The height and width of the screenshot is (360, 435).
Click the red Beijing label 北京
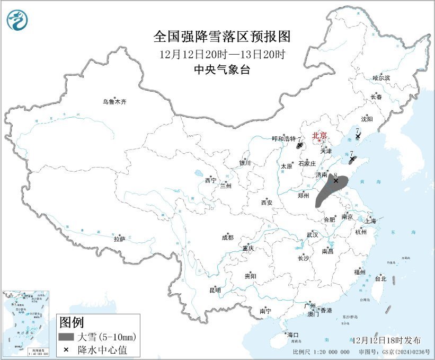click(319, 135)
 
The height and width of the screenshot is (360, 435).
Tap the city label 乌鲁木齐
click(115, 101)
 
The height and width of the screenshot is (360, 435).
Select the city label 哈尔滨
click(380, 77)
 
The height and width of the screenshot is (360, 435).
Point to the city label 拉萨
click(119, 239)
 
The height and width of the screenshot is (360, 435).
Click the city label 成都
click(228, 238)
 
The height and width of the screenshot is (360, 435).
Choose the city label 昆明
click(215, 290)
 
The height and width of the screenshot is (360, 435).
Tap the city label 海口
click(293, 335)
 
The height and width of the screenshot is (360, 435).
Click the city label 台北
click(380, 278)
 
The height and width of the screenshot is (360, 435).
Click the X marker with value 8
click(335, 181)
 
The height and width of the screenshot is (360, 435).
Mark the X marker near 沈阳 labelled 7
click(358, 136)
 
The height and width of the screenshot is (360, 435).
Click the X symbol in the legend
click(66, 349)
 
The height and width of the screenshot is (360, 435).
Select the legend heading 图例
click(71, 322)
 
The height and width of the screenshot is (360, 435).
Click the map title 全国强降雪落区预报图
click(222, 37)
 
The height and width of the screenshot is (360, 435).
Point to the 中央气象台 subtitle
click(222, 69)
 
